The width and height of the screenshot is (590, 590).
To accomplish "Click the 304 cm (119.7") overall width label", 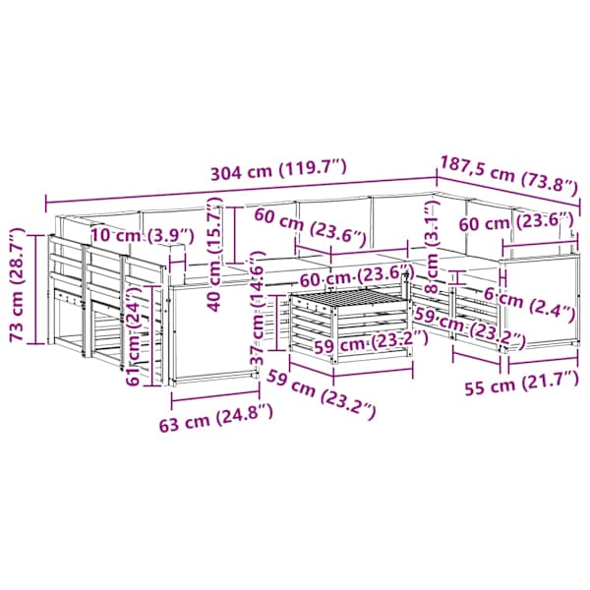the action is pyautogui.click(x=277, y=170).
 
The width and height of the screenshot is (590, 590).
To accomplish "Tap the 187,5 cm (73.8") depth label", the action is pyautogui.click(x=508, y=176).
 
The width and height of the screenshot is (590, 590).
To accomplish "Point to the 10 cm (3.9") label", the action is pyautogui.click(x=143, y=236).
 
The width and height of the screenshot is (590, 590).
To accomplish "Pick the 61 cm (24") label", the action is pyautogui.click(x=135, y=335).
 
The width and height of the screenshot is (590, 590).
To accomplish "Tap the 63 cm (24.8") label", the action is pyautogui.click(x=215, y=417).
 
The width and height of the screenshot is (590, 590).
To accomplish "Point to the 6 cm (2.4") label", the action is pyautogui.click(x=529, y=305).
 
